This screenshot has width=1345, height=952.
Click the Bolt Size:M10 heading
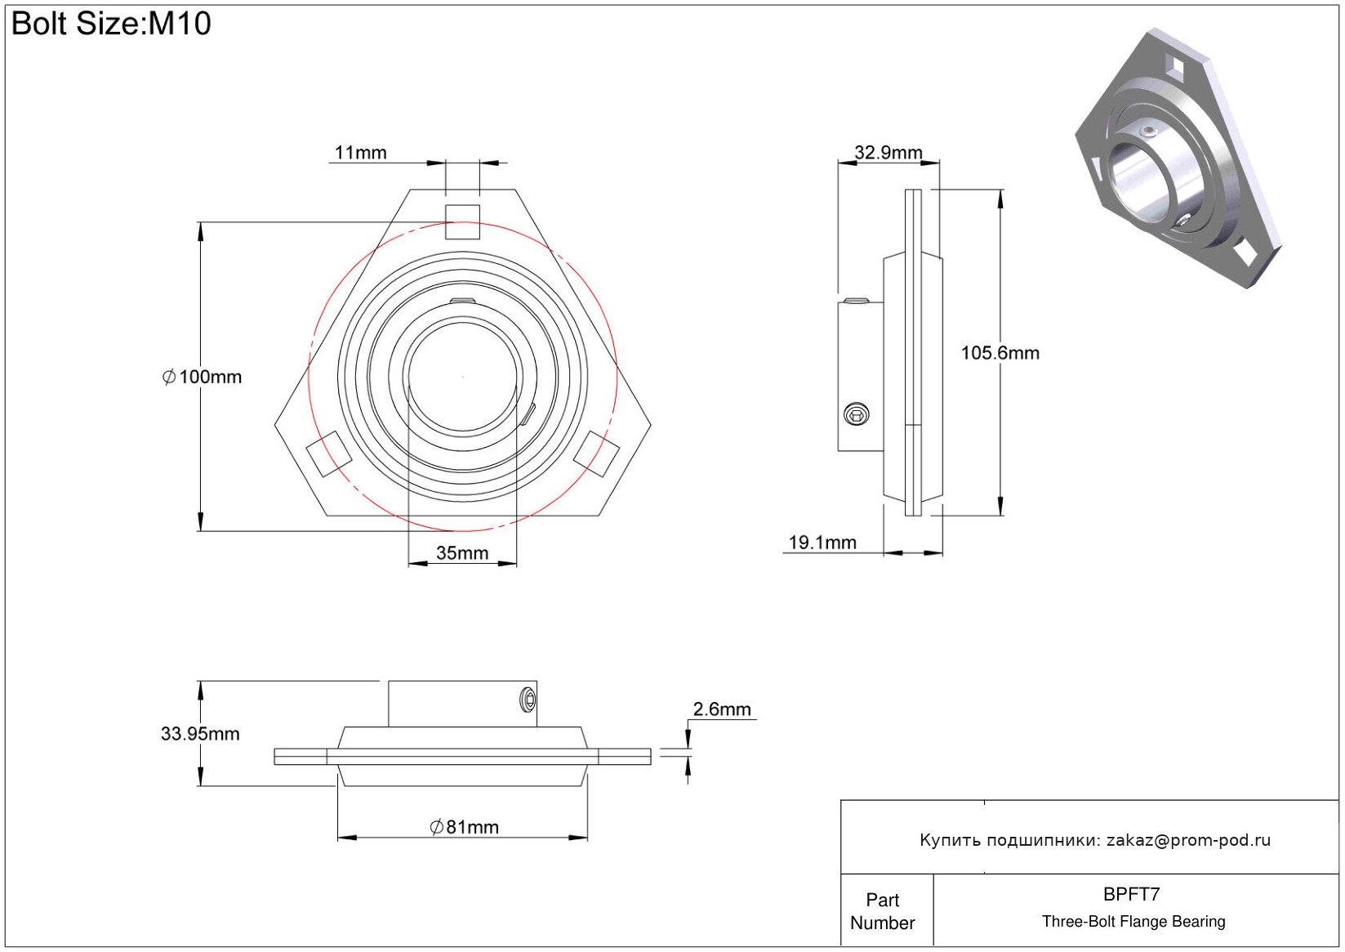click(111, 24)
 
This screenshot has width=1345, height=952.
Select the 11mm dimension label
click(360, 153)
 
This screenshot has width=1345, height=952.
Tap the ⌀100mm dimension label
click(203, 377)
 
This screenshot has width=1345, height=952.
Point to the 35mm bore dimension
click(462, 553)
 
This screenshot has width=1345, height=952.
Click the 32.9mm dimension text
click(888, 152)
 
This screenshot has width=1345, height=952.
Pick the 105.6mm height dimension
click(1000, 353)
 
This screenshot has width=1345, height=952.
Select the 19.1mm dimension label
click(822, 543)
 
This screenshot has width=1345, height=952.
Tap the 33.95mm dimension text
click(200, 734)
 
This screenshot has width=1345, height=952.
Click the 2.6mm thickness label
click(722, 709)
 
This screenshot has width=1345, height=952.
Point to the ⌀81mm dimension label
click(464, 827)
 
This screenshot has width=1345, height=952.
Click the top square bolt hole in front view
click(462, 221)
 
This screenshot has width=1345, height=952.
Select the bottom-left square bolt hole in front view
click(328, 454)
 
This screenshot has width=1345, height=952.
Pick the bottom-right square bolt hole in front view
click(596, 454)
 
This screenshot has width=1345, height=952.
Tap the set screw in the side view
click(856, 414)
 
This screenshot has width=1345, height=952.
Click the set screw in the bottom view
click(528, 699)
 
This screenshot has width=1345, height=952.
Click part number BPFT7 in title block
click(1131, 894)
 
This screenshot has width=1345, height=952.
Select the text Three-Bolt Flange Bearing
click(1133, 922)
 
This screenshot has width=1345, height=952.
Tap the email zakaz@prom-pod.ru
click(1188, 840)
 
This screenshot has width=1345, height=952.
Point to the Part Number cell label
click(882, 911)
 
